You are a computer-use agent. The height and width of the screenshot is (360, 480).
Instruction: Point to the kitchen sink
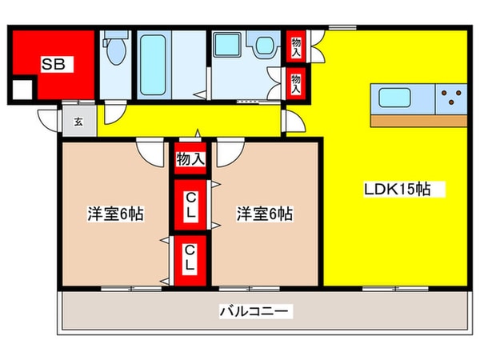pos(395,99)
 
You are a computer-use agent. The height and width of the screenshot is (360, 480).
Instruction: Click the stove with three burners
pos(452,99)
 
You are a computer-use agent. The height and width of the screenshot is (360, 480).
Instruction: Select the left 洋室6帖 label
pos(116,214)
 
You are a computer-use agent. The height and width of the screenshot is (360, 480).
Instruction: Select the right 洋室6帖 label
pos(264,214)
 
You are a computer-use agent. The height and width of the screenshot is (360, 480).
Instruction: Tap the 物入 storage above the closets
pos(190,158)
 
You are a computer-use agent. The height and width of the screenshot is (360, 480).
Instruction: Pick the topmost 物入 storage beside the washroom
pos(296,46)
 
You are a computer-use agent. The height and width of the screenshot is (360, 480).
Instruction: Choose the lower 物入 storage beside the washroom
pos(296,82)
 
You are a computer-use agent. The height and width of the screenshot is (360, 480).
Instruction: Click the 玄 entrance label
pos(79,122)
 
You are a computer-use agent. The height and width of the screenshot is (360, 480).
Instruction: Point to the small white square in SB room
pos(22,90)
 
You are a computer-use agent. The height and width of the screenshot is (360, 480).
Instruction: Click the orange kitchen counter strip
pos(418,120)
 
